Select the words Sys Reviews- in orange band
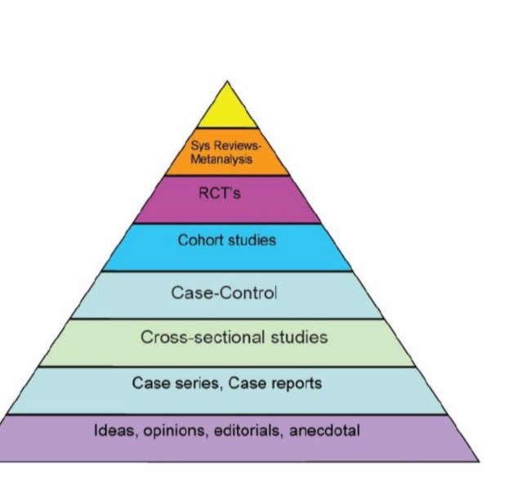tap(228, 148)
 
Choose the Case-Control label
tap(224, 293)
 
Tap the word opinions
tap(172, 431)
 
